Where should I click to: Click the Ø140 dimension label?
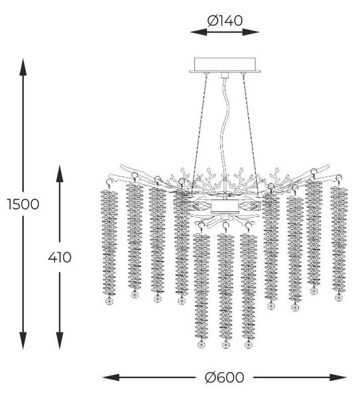225,21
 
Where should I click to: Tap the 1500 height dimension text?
23,204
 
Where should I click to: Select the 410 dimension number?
60,257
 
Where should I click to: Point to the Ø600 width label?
224,377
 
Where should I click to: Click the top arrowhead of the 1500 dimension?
23,67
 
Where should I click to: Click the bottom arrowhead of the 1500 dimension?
23,341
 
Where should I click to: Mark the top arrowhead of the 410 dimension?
60,174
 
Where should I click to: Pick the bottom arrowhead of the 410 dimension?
60,341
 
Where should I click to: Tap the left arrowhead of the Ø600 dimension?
111,377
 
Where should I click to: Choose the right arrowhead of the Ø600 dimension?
338,377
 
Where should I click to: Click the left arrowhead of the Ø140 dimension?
198,32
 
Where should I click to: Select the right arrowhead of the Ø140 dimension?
251,32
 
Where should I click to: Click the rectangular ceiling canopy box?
225,65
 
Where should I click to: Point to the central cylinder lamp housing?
225,206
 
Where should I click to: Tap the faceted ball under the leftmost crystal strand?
109,300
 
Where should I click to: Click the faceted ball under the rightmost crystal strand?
339,297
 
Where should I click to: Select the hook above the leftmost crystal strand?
109,183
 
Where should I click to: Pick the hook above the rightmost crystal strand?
339,179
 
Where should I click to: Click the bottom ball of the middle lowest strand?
225,344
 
